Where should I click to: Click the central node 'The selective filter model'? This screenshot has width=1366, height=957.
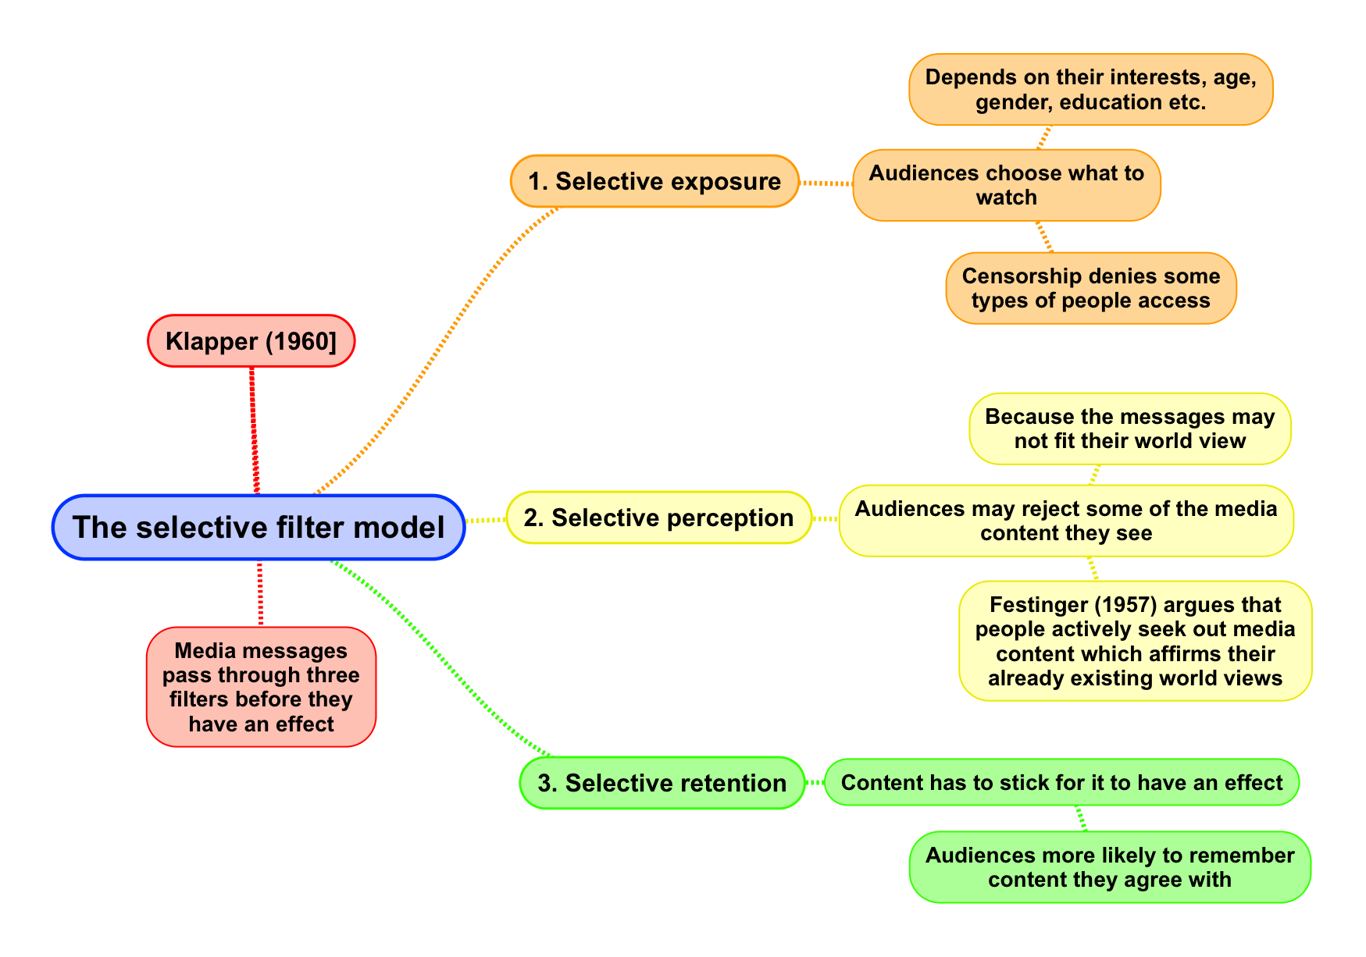coord(259,528)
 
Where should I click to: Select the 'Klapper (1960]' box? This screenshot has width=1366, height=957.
coord(251,341)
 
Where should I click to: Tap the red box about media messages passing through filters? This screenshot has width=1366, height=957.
coord(261,687)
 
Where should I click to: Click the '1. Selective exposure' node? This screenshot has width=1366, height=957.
coord(654,181)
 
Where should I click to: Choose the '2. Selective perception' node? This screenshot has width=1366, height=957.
coord(658,518)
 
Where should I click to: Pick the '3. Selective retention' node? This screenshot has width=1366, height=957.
coord(662,783)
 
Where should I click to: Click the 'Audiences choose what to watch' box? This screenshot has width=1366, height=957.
coord(1006,185)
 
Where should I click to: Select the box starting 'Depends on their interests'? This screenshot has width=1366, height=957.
coord(1090,90)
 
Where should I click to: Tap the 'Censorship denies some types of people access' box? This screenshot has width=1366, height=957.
coord(1090,288)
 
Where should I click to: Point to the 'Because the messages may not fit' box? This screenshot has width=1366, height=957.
coord(1129,429)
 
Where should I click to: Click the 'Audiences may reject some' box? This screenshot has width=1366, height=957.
coord(1065,521)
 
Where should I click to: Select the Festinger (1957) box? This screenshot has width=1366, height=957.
coord(1135,641)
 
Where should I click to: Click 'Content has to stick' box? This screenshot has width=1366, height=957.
coord(1061,782)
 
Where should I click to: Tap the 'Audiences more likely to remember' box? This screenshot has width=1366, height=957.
coord(1109,867)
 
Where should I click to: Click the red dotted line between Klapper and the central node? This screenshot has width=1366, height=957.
coord(254,429)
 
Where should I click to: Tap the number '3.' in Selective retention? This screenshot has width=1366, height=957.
coord(547,783)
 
